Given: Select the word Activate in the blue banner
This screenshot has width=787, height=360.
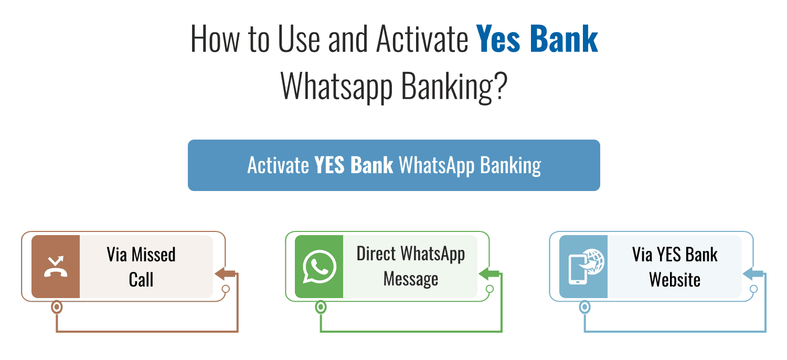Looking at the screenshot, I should point(278,165).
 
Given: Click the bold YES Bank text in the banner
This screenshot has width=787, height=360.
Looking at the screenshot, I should point(354,165).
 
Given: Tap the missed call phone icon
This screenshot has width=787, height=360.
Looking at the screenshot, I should point(56,267).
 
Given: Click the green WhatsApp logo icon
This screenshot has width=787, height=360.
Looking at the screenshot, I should point(319,267).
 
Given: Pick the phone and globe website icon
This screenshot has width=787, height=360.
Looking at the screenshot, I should point(583,267).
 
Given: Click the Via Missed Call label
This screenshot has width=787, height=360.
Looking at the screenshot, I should point(141,267).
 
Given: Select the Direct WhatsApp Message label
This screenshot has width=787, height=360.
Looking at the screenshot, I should point(410,267).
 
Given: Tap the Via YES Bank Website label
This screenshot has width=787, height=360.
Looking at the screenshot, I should point(675,267).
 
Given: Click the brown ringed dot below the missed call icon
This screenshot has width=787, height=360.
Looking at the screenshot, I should point(56,307).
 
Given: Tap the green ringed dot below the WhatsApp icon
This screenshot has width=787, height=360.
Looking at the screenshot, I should point(321,307).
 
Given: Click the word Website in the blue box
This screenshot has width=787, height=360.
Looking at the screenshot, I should point(675,279).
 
